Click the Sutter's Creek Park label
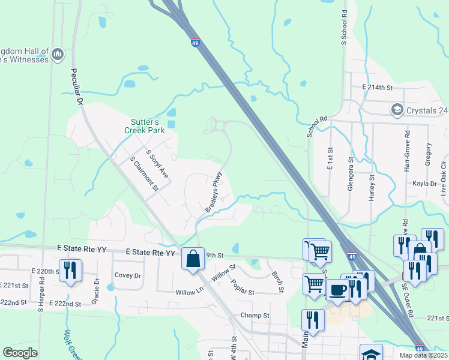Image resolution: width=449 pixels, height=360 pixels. pyautogui.click(x=144, y=125)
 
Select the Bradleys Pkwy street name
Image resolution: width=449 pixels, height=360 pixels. pyautogui.click(x=214, y=192)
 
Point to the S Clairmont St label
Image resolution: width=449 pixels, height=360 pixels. pyautogui.click(x=144, y=174)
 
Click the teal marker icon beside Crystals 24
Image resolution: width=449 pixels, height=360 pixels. pyautogui.click(x=396, y=110)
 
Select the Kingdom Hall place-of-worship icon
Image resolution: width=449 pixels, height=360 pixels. pyautogui.click(x=58, y=55)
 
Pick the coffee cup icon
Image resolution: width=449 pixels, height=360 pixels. pyautogui.click(x=337, y=290)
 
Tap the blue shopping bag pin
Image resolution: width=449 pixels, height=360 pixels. pyautogui.click(x=193, y=259)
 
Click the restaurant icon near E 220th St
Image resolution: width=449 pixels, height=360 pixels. pyautogui.click(x=70, y=270)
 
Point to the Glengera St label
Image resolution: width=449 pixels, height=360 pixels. pyautogui.click(x=351, y=173)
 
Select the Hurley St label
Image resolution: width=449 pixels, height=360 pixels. pyautogui.click(x=372, y=188)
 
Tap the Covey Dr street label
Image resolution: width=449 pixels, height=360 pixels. pyautogui.click(x=127, y=275)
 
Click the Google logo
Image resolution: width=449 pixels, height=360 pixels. pyautogui.click(x=20, y=353)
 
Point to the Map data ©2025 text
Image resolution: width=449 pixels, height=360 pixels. pyautogui.click(x=423, y=355)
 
